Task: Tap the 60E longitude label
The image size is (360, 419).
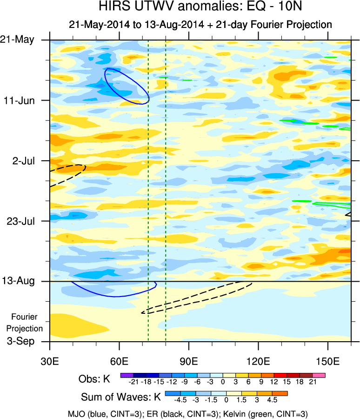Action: point(120,361)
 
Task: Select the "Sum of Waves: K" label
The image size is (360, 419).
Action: point(120,398)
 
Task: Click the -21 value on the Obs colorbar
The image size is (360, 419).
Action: point(133,382)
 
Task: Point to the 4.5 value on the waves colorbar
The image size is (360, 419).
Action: point(272,400)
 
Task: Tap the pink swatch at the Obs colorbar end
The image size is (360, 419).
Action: point(319,375)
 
